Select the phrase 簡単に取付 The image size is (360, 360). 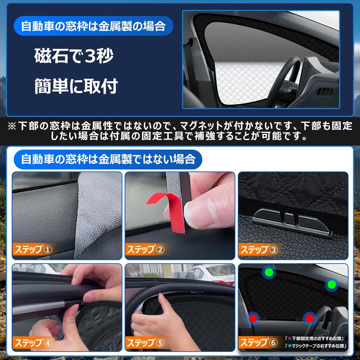pos(76,86)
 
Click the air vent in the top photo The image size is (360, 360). pos(325,92)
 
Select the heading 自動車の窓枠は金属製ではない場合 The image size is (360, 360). pos(108,159)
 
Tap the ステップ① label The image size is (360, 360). pos(33,250)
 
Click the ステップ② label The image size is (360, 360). pos(146,250)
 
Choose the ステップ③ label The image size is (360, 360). pos(259,250)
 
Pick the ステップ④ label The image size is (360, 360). pos(33,342)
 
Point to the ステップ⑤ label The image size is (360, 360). pos(146,342)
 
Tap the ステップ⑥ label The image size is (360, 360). pos(259,342)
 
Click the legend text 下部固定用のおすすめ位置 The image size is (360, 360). pos(316,339)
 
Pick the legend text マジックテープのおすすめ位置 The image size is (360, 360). pos(316,346)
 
